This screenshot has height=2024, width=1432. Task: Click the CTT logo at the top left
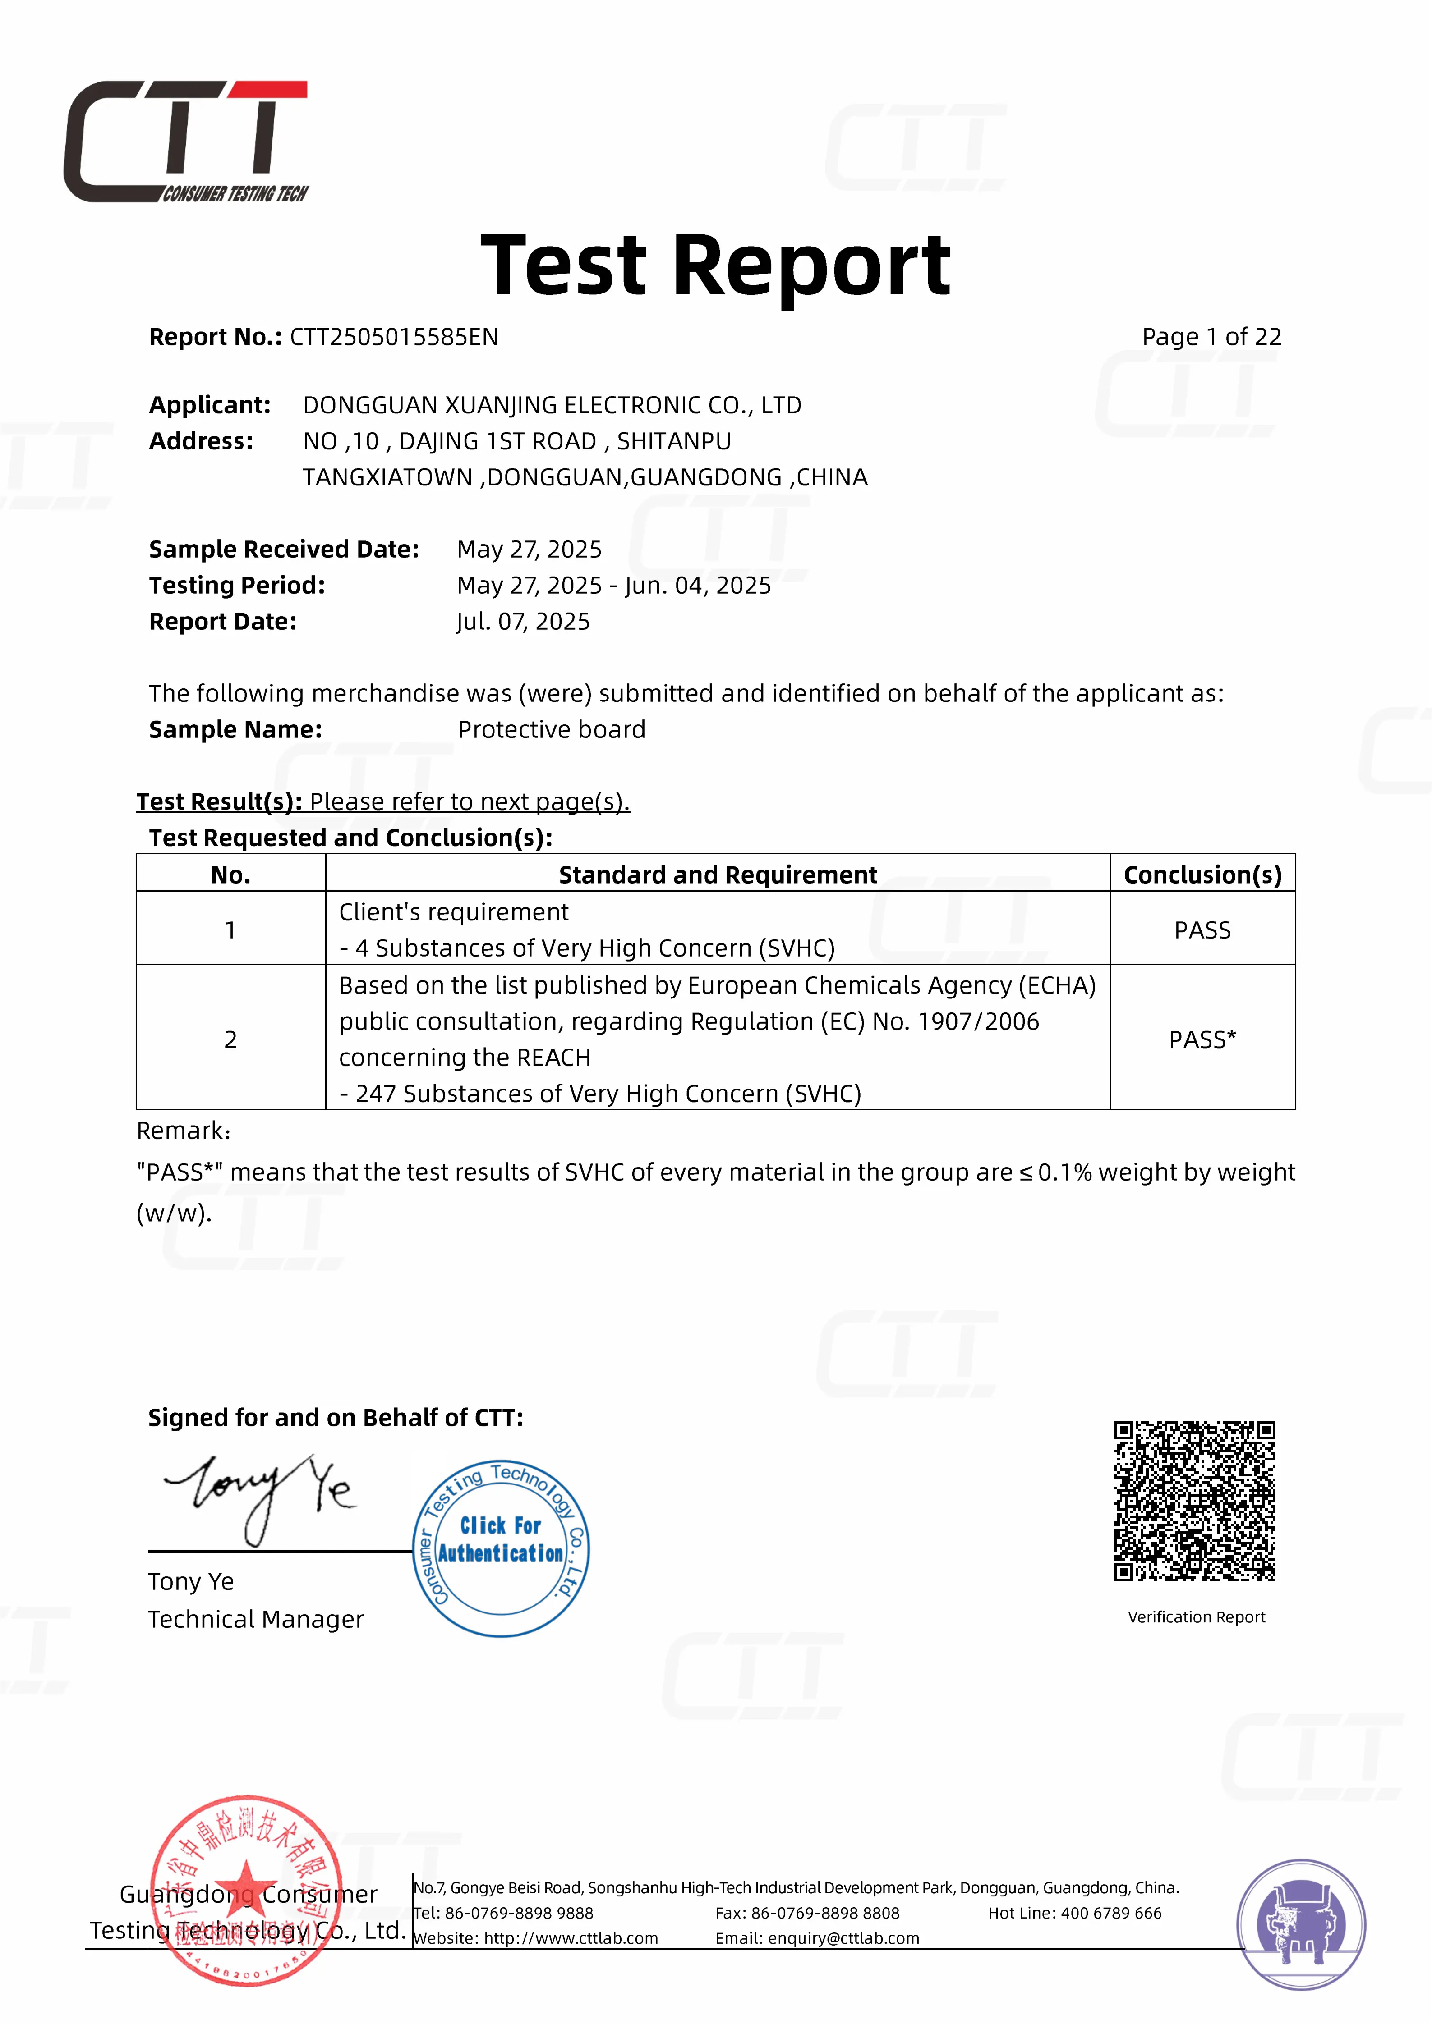(185, 141)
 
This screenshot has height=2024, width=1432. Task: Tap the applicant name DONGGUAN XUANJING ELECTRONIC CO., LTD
(552, 406)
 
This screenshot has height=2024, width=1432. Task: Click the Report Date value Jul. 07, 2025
(523, 622)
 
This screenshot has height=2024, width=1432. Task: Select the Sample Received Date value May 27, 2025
(529, 549)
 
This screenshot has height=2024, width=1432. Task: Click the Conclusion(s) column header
(1202, 875)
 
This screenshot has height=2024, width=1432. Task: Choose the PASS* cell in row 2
(1202, 1039)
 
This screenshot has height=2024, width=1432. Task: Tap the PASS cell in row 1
(1202, 930)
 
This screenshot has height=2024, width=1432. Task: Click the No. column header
(230, 875)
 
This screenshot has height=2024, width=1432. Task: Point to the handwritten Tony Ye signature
(260, 1494)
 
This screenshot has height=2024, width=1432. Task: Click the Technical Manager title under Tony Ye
(256, 1619)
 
